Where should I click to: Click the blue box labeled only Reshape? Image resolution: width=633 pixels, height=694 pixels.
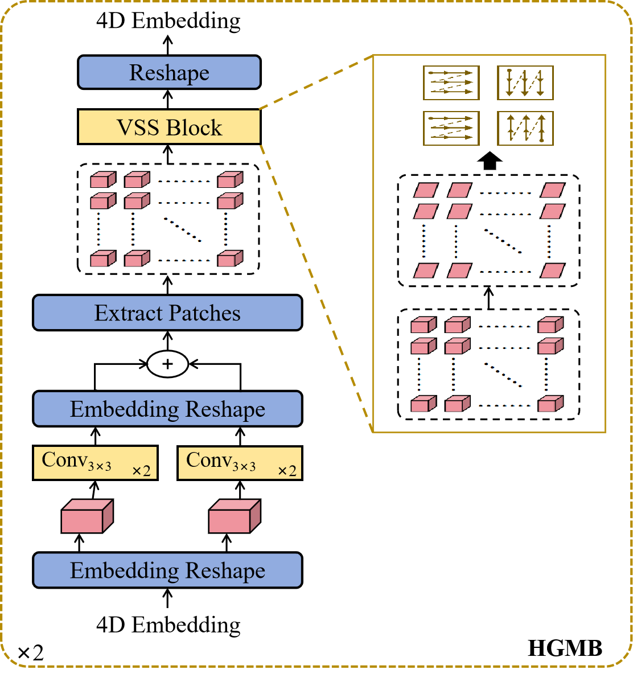click(169, 72)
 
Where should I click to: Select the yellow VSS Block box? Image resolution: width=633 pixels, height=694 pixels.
click(169, 127)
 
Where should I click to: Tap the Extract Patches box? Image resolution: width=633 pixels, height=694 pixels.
click(167, 313)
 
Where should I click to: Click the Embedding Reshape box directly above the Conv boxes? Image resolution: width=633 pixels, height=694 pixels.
click(167, 409)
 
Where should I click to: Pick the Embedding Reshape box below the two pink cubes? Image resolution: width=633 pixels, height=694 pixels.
click(167, 570)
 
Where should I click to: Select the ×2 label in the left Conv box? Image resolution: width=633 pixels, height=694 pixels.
click(141, 471)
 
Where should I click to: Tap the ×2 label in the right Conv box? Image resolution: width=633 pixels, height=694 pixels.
click(287, 471)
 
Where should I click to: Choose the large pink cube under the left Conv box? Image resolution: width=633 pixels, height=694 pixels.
click(87, 517)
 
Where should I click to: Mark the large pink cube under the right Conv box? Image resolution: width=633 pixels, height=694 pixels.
click(234, 517)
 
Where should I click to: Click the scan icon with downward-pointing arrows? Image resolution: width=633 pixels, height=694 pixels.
click(525, 83)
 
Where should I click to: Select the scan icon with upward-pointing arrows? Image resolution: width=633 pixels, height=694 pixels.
click(525, 128)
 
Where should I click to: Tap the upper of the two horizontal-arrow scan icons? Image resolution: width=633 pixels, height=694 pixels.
click(451, 83)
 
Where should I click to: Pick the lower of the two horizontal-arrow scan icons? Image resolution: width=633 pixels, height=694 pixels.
click(451, 128)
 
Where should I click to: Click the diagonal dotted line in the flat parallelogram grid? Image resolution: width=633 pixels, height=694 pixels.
click(503, 241)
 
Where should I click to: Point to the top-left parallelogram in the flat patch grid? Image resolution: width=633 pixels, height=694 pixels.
click(426, 190)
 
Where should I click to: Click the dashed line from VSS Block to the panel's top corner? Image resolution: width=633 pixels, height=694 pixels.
click(316, 83)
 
